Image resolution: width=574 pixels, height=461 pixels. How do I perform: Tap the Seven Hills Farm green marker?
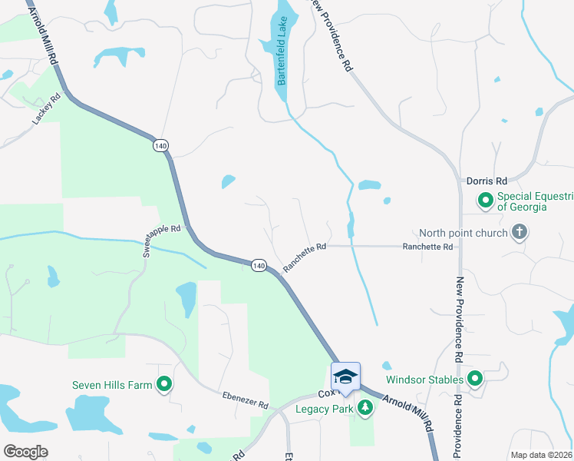click(163, 385)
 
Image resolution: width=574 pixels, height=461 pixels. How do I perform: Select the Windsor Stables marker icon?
click(475, 379)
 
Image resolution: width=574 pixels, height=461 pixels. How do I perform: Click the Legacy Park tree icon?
click(366, 408)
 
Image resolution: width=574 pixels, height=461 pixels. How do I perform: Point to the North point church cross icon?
click(520, 233)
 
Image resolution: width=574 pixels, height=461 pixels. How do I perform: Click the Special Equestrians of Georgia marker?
click(485, 201)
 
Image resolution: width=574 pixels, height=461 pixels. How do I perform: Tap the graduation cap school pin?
click(345, 376)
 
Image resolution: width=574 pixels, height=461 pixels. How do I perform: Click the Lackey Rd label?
click(46, 111)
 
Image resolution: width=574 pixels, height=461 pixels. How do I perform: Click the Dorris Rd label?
click(487, 181)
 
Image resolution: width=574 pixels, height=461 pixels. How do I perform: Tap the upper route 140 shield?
click(160, 145)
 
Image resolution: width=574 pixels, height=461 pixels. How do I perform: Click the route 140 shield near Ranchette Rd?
click(259, 265)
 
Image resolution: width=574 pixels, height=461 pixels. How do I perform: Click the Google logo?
click(25, 452)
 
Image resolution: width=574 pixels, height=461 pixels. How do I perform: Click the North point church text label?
click(463, 233)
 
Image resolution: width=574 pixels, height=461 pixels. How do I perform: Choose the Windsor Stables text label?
click(424, 380)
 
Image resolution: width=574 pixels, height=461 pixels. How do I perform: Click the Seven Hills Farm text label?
click(113, 385)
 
